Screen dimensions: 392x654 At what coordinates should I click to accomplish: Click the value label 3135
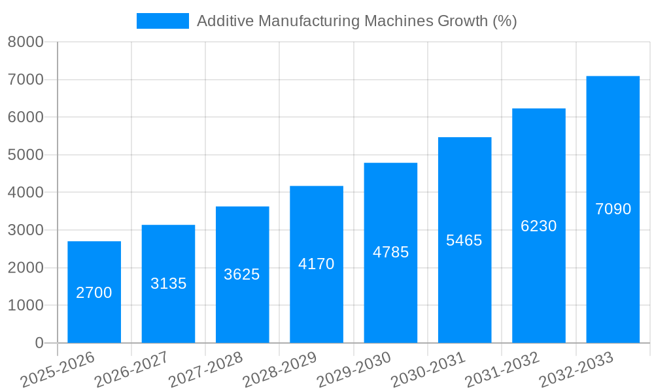[168, 284]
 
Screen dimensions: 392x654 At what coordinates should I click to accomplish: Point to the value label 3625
[242, 274]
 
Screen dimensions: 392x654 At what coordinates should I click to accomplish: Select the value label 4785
[390, 252]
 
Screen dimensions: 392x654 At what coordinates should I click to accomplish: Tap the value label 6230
[538, 226]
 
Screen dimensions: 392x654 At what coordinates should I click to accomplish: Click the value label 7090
[613, 209]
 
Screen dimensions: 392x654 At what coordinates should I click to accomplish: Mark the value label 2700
[94, 293]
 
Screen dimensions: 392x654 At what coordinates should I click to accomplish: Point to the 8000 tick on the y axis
[26, 42]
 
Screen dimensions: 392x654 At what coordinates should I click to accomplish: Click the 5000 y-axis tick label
[26, 155]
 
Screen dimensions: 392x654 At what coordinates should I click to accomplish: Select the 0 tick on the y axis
[39, 343]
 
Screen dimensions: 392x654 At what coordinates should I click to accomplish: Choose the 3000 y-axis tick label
[26, 230]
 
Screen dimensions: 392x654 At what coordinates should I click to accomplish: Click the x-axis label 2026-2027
[131, 370]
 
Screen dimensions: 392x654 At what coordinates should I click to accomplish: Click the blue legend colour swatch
[162, 21]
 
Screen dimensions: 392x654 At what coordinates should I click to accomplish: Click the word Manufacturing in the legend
[300, 21]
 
